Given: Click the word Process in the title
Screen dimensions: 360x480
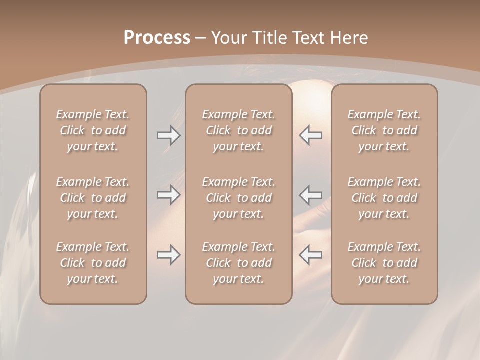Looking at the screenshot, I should point(157,38).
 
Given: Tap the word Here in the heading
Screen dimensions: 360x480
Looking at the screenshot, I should point(350,38).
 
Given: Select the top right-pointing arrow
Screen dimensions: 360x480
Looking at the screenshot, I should point(168,135).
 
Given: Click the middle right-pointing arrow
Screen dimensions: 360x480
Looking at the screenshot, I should point(168,194).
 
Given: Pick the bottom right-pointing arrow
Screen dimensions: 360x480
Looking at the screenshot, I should point(168,255).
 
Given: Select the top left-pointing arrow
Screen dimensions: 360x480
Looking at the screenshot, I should point(311,135).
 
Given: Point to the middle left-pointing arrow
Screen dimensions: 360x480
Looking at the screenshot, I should point(311,194).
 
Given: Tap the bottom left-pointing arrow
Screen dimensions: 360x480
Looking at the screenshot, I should point(311,255).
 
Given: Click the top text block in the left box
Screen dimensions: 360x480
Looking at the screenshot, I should point(93,130).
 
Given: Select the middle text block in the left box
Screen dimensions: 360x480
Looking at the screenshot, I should point(93,198).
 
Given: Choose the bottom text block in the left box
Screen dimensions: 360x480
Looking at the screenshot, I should point(93,263).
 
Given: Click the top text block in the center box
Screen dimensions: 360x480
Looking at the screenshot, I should point(238,130).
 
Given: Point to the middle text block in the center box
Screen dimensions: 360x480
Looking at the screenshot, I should point(238,198).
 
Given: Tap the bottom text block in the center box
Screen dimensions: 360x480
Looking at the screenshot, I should point(238,263).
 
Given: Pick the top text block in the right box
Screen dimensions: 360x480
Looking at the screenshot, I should point(384,130).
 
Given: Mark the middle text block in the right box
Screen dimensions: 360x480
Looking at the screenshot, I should point(384,198).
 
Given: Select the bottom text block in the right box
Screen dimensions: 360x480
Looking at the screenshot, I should point(384,263).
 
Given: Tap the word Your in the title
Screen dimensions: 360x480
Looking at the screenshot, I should point(227,38).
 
